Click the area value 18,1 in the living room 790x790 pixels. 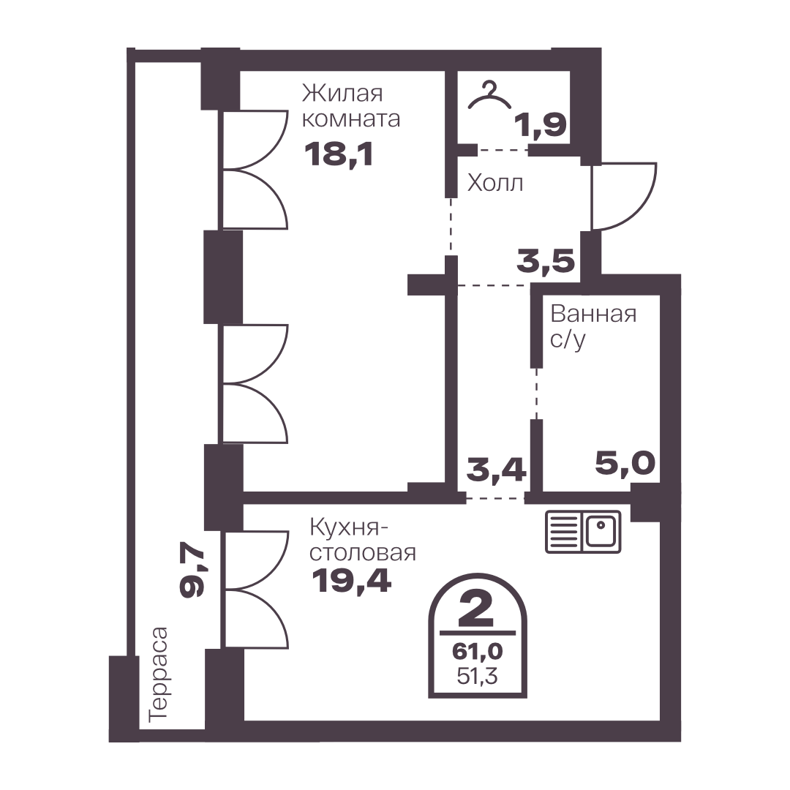click(x=339, y=154)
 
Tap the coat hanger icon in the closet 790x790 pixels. click(x=489, y=96)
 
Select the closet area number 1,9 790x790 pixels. click(x=541, y=125)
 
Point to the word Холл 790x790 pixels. click(x=494, y=183)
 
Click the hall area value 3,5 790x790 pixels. click(x=546, y=261)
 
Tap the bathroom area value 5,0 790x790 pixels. click(x=625, y=463)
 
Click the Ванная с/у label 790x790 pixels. click(x=593, y=326)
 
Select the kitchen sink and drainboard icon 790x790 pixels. click(x=584, y=532)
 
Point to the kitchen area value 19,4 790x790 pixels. click(x=351, y=581)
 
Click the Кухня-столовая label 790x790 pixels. click(x=363, y=540)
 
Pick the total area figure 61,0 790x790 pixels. click(x=477, y=651)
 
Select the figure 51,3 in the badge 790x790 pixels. click(x=477, y=676)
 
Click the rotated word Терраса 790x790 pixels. click(x=158, y=674)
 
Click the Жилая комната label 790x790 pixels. click(x=350, y=106)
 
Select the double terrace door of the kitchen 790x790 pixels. click(x=257, y=589)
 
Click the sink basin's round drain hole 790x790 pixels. click(x=601, y=525)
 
